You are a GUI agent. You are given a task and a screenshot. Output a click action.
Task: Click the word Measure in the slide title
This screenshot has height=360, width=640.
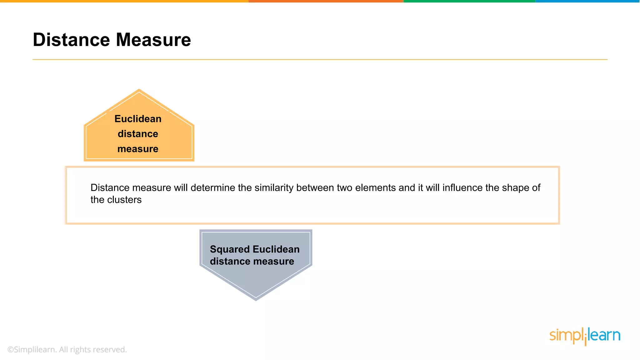pyautogui.click(x=153, y=40)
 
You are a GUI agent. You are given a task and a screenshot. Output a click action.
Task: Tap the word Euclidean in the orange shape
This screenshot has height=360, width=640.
pyautogui.click(x=138, y=119)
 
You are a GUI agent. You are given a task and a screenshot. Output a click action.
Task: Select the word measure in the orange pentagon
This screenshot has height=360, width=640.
pyautogui.click(x=138, y=149)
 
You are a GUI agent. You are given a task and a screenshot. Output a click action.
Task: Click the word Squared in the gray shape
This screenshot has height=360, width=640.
pyautogui.click(x=230, y=249)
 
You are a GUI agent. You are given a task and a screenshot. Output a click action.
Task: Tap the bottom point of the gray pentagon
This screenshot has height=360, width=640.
pyautogui.click(x=256, y=299)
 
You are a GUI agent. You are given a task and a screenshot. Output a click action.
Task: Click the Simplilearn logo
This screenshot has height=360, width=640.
pyautogui.click(x=585, y=336)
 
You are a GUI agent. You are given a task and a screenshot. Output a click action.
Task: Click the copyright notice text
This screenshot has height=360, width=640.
pyautogui.click(x=67, y=350)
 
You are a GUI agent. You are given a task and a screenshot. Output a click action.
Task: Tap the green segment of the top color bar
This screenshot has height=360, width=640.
pyautogui.click(x=469, y=1)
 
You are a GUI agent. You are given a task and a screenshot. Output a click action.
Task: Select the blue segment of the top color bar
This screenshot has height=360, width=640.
pyautogui.click(x=587, y=1)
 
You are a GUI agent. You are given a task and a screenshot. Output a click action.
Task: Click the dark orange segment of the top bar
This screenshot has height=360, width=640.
pyautogui.click(x=326, y=1)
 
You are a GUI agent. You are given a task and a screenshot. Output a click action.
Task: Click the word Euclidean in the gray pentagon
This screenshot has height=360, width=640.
pyautogui.click(x=276, y=249)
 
